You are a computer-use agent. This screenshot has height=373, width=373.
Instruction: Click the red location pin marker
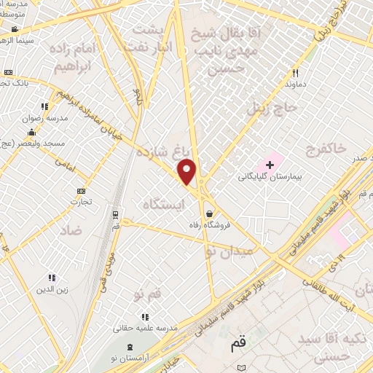187,172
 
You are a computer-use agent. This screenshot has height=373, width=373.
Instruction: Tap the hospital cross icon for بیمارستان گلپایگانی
270,165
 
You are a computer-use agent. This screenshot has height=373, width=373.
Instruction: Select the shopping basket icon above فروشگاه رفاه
210,213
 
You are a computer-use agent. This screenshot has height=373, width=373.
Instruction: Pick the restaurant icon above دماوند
295,73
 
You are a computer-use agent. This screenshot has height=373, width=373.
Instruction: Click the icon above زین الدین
51,278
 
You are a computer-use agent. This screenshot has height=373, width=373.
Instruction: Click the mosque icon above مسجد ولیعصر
31,133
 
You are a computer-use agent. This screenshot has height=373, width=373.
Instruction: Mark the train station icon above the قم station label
115,214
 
